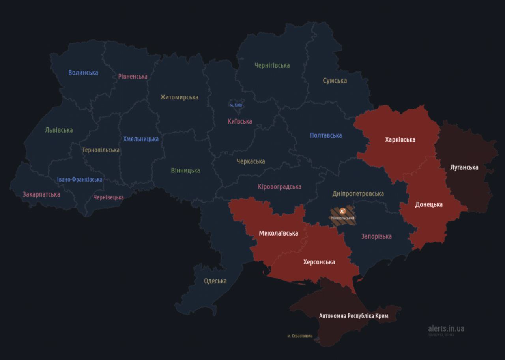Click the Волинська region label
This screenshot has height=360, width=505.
pyautogui.click(x=83, y=73)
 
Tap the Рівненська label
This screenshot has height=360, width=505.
pyautogui.click(x=133, y=77)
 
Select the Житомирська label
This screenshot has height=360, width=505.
pyautogui.click(x=179, y=97)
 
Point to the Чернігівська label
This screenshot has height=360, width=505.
pyautogui.click(x=272, y=65)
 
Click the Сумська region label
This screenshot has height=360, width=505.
pyautogui.click(x=335, y=81)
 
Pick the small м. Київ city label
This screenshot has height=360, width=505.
pyautogui.click(x=236, y=105)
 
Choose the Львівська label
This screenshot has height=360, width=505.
pyautogui.click(x=59, y=130)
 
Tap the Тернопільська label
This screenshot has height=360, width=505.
pyautogui.click(x=101, y=150)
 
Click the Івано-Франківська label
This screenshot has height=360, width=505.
pyautogui.click(x=79, y=179)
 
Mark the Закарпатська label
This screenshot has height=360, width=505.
pyautogui.click(x=41, y=194)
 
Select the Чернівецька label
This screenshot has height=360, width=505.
pyautogui.click(x=108, y=197)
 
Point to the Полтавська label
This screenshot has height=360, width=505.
pyautogui.click(x=326, y=135)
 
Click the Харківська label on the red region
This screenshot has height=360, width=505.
pyautogui.click(x=400, y=140)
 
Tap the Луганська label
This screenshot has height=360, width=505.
pyautogui.click(x=464, y=167)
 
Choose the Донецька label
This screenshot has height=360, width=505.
pyautogui.click(x=428, y=204)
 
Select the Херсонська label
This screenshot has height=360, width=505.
pyautogui.click(x=319, y=262)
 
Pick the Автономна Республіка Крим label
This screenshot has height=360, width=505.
pyautogui.click(x=353, y=316)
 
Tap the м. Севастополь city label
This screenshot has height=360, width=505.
pyautogui.click(x=300, y=336)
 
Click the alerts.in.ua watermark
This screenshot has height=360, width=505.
pyautogui.click(x=446, y=328)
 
